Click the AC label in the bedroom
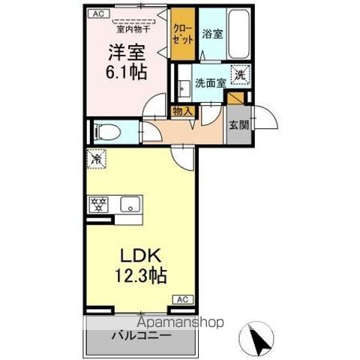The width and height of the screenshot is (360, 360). (98, 13)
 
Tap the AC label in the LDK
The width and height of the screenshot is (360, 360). (183, 299)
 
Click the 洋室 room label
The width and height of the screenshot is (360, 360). (127, 52)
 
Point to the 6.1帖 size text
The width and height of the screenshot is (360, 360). (126, 73)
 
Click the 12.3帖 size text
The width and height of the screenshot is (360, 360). (141, 276)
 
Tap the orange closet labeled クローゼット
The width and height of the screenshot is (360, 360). (183, 34)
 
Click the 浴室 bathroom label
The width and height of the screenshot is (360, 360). (212, 34)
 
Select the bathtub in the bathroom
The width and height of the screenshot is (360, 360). (238, 34)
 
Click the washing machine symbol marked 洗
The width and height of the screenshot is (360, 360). (240, 74)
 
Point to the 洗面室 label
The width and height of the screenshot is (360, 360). (211, 83)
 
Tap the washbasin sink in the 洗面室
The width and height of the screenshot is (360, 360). (184, 88)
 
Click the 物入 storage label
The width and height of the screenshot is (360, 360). (183, 112)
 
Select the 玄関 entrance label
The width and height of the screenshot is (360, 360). (239, 124)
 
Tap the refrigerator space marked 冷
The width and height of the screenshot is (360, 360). (97, 158)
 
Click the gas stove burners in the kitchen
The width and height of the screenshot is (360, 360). (99, 204)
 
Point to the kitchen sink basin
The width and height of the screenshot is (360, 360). (130, 204)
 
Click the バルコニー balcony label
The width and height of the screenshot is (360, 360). (142, 335)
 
